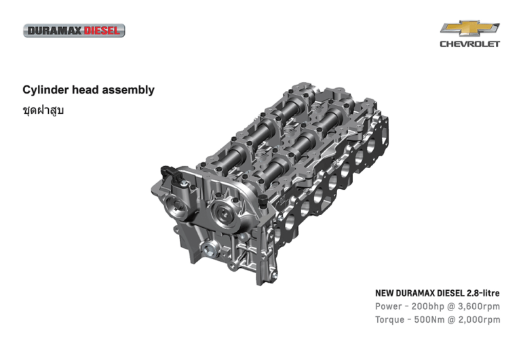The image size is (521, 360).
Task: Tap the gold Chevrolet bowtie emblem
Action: pos(469,28)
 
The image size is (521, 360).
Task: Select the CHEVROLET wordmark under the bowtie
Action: pos(469,44)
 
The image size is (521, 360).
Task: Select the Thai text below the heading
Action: pos(43,109)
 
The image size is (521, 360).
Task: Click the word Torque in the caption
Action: pos(391,319)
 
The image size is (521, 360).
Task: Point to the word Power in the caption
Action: pos(389,306)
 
